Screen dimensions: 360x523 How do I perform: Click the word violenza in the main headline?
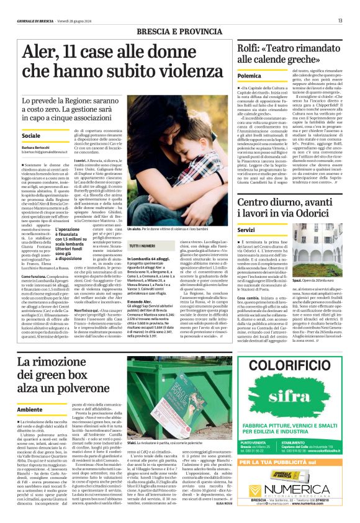point(174,71)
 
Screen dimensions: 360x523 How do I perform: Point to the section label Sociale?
point(31,135)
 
